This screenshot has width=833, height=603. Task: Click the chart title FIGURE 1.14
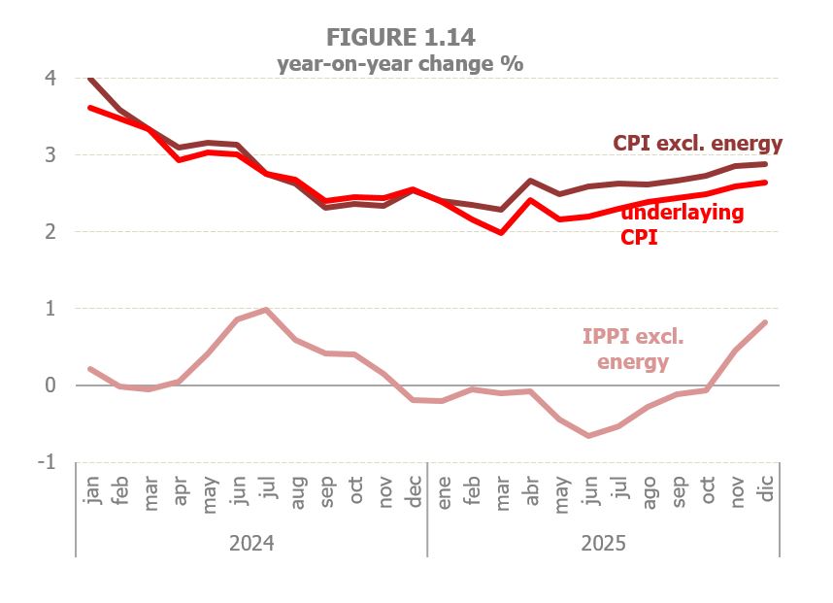pos(400,37)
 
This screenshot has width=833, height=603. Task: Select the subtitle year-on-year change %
pos(400,64)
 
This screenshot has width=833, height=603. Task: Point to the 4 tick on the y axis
pos(50,78)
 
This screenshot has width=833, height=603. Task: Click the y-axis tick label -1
pos(46,462)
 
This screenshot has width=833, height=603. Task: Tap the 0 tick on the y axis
pos(50,385)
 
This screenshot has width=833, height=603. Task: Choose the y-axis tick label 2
pos(50,232)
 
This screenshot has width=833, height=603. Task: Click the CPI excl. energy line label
pos(697,144)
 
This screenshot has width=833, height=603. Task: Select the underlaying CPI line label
pos(682,224)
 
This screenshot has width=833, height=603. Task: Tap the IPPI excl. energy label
pos(633,351)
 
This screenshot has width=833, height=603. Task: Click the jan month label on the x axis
pos(93,491)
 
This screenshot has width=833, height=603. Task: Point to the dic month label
pos(767,491)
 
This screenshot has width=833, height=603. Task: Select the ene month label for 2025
pos(444,491)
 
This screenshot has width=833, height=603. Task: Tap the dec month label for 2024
pos(414,491)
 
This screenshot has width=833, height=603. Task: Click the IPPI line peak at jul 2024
pos(266,310)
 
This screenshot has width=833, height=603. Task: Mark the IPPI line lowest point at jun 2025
pos(588,436)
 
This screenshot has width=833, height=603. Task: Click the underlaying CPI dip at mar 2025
pos(501,233)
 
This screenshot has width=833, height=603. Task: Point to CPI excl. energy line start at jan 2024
pos(90,78)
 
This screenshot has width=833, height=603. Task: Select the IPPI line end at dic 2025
pos(766,322)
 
